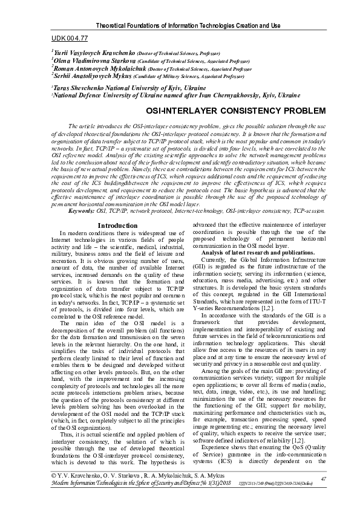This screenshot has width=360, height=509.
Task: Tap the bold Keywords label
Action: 82,211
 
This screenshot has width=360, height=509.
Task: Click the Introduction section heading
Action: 117,225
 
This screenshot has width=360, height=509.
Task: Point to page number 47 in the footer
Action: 323,479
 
